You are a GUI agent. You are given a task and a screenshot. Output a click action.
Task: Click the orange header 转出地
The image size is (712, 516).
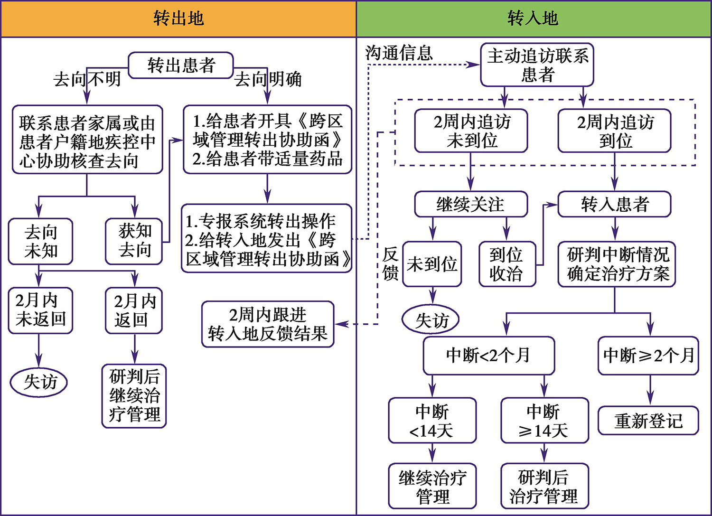coord(178,19)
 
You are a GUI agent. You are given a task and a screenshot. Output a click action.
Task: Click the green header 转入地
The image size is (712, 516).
coord(533,19)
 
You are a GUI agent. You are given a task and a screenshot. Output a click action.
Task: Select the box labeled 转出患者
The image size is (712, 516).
coord(181,65)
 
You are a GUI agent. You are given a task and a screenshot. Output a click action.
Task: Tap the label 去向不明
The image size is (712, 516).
coord(87,79)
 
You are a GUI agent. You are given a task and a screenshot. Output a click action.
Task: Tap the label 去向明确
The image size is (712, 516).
coord(268,79)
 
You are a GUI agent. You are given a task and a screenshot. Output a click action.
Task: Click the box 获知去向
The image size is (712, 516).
coord(134,241)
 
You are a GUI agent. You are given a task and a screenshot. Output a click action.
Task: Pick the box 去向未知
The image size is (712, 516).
coord(40,241)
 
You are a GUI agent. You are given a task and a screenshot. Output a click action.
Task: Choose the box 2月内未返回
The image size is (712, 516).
coord(40,310)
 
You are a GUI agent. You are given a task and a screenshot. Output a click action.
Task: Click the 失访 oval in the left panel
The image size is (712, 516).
coord(39,382)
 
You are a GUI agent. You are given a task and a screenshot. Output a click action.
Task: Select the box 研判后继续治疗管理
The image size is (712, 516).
coord(134,396)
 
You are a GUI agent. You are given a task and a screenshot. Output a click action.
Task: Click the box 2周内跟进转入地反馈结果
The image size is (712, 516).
coord(268,324)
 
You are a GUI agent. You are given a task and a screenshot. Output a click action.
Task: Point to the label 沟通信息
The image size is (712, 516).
coord(399,53)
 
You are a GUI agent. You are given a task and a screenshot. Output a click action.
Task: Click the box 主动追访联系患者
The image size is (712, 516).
coord(537,65)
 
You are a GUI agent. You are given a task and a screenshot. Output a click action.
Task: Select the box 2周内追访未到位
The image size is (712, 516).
coord(471,131)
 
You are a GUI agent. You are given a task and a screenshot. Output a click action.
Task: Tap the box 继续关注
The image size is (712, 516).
coord(471,204)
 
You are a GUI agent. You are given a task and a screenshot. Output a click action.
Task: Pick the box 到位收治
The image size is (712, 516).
coord(506,264)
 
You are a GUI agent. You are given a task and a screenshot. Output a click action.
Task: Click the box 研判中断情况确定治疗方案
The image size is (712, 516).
coord(617,264)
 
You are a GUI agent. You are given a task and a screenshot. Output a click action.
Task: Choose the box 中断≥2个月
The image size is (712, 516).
coord(648,356)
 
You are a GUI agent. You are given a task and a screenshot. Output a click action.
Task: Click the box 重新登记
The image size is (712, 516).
coord(648,421)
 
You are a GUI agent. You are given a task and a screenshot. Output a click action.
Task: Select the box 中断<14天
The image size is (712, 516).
coord(432,421)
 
